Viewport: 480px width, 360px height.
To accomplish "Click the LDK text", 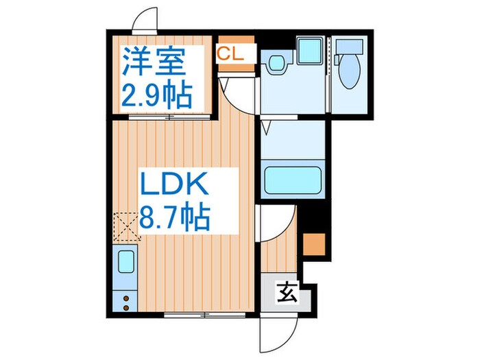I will pyautogui.click(x=174, y=186).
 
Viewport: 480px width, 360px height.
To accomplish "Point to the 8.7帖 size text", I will pyautogui.click(x=176, y=219).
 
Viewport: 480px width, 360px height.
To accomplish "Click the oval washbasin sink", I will pyautogui.click(x=276, y=64).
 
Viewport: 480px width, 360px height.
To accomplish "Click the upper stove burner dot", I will pyautogui.click(x=125, y=298).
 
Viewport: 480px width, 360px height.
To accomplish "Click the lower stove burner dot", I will pyautogui.click(x=125, y=308).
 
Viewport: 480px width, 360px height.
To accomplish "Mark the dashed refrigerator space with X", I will pyautogui.click(x=125, y=224).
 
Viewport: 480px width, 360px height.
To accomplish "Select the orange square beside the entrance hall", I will pyautogui.click(x=313, y=245).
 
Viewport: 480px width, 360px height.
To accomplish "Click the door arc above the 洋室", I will pyautogui.click(x=144, y=19).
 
